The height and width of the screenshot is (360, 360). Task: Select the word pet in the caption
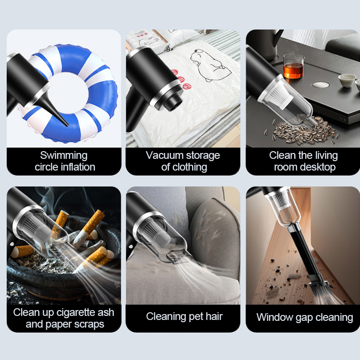[x=196, y=317]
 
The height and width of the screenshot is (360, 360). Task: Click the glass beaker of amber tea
[x=293, y=66]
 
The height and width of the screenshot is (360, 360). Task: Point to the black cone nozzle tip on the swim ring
[x=67, y=125]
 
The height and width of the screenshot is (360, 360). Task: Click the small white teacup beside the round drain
[x=346, y=81]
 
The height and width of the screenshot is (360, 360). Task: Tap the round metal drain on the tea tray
[x=320, y=85]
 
